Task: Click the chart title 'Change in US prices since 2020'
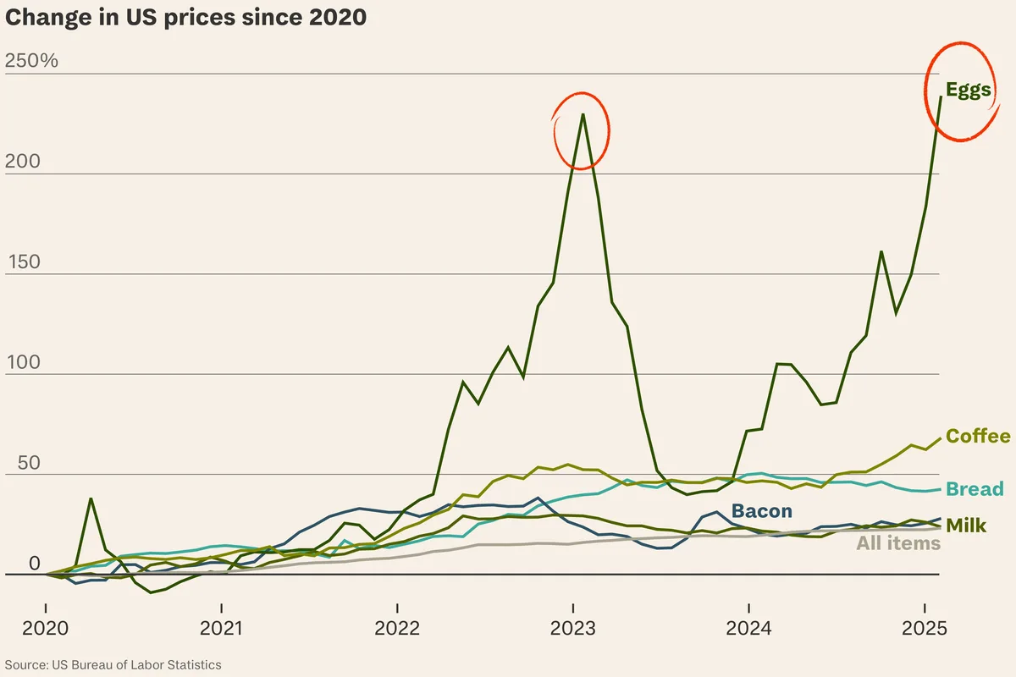tap(185, 18)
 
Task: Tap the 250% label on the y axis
tap(31, 61)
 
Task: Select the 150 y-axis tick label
tap(22, 261)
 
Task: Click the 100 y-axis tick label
tap(22, 361)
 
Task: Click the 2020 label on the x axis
tap(45, 630)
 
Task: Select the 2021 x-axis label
tap(221, 630)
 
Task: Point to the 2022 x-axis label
tap(397, 630)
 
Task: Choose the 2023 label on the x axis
tap(573, 630)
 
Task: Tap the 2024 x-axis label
tap(748, 630)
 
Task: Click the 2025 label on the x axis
tap(925, 630)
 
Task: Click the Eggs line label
tap(968, 91)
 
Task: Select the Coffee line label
tap(978, 436)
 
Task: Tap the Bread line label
tap(975, 488)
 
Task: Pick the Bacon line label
tap(762, 511)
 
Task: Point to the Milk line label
tap(966, 526)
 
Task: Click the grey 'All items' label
tap(898, 543)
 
